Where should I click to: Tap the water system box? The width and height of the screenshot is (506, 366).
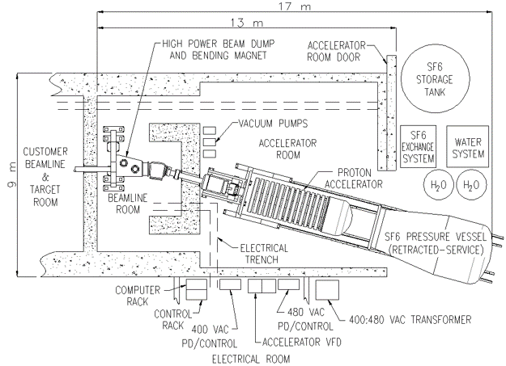coord(466,146)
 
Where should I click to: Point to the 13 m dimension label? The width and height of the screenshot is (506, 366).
coord(239,23)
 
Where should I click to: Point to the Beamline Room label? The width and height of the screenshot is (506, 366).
coord(130,202)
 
